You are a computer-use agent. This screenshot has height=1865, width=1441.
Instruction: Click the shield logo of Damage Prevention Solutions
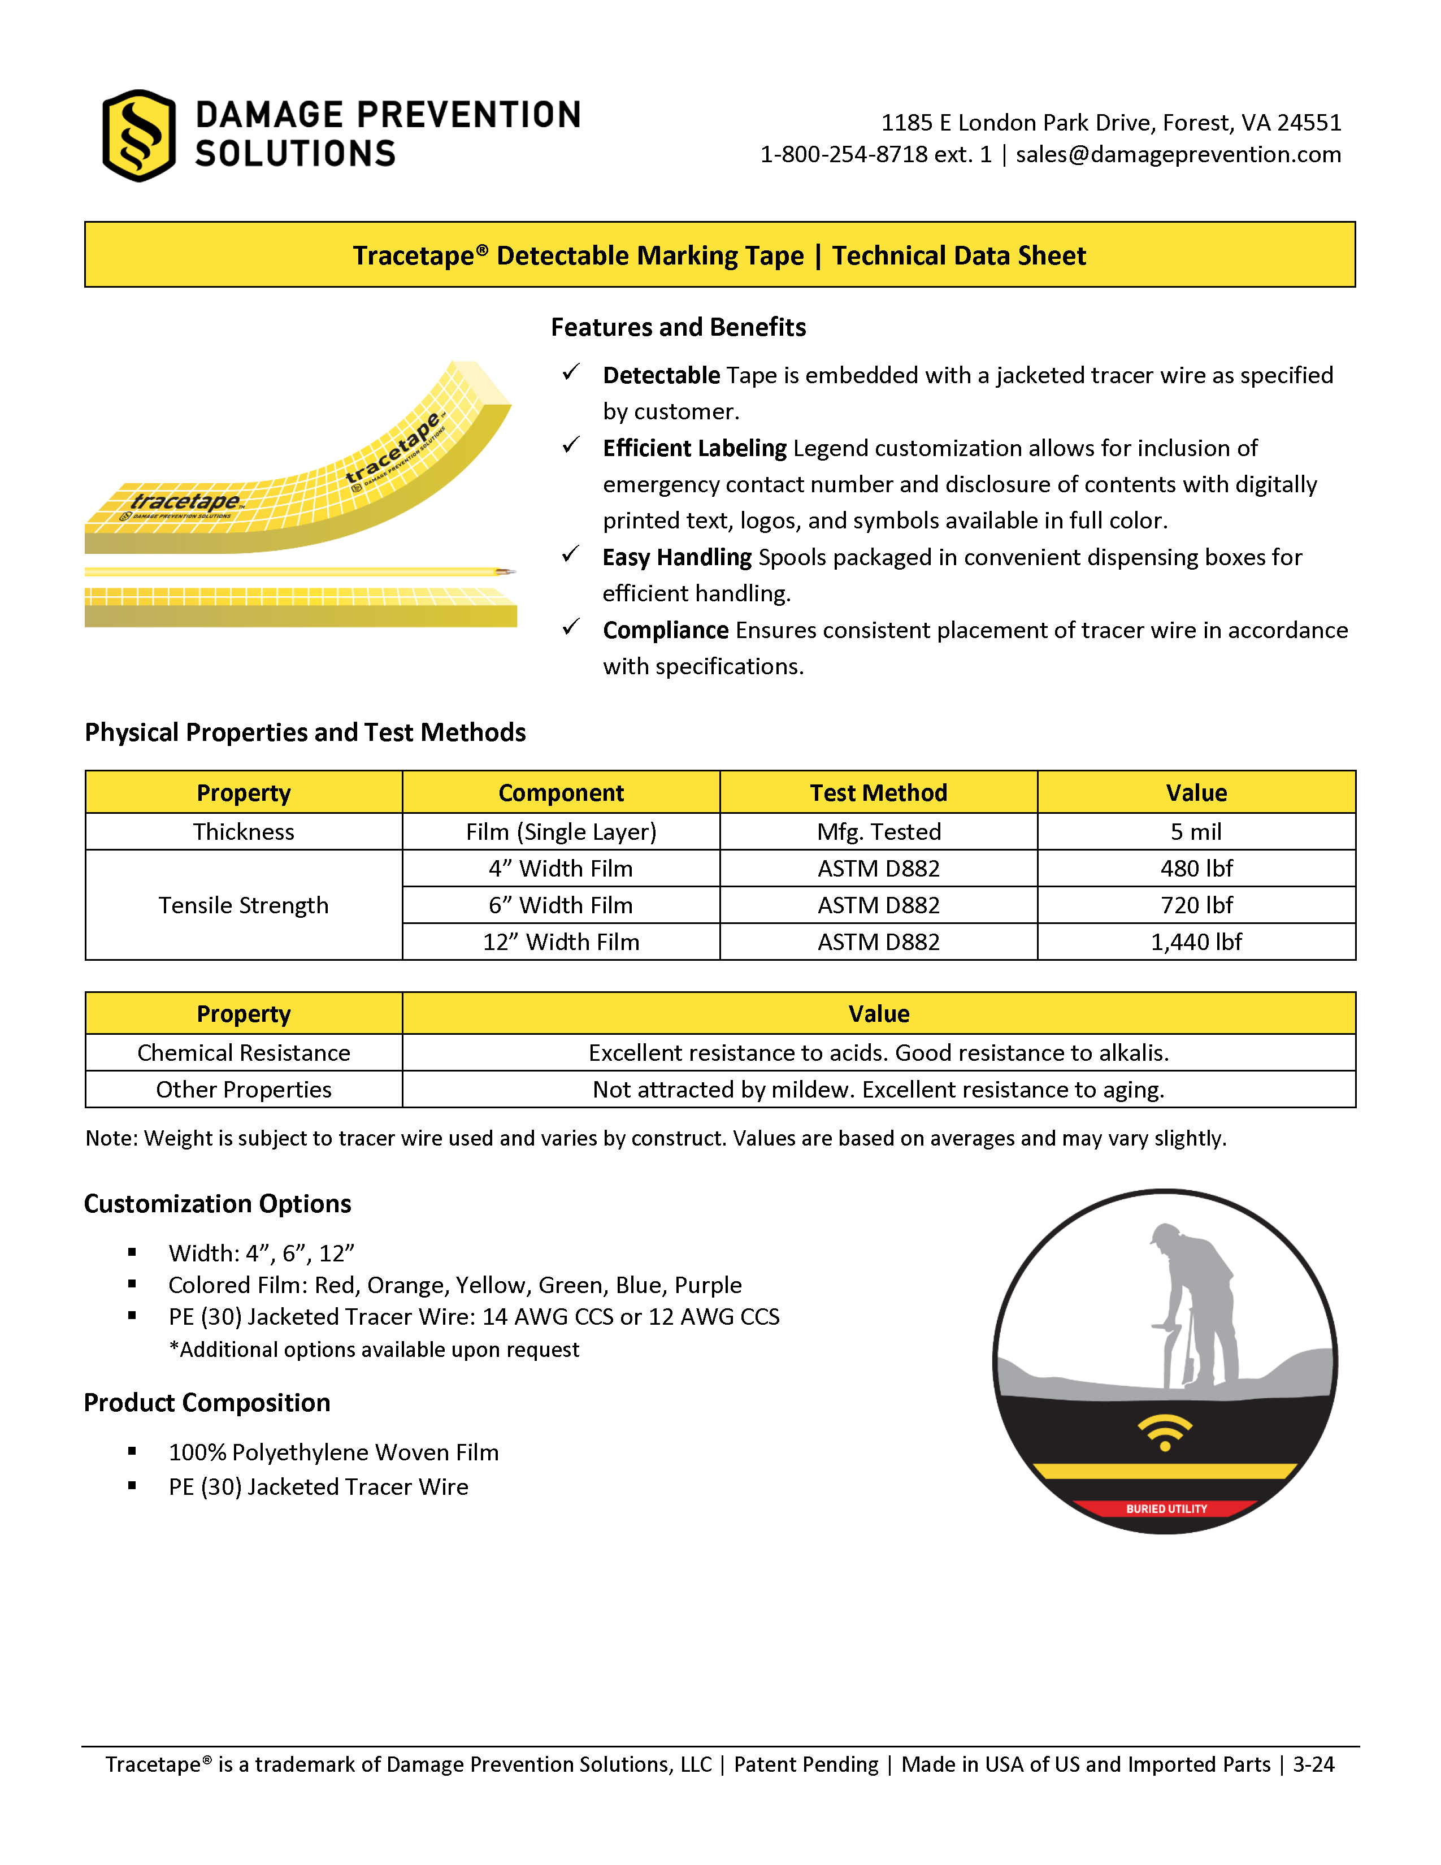point(138,136)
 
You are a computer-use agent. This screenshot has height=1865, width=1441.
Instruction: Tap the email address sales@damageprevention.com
point(1178,154)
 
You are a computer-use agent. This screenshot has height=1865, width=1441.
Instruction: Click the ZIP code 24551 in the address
point(1309,123)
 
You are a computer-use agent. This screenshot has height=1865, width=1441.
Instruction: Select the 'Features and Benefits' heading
point(678,327)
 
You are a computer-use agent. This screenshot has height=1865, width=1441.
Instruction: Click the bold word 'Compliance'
point(665,630)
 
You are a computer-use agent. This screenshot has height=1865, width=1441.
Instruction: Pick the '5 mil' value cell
point(1195,832)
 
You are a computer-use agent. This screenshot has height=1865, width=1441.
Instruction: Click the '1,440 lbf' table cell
point(1195,942)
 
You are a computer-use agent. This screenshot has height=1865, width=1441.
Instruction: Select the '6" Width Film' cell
point(561,905)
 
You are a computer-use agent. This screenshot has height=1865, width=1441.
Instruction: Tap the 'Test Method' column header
point(878,792)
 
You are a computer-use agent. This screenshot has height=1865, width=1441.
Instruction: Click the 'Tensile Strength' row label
point(244,905)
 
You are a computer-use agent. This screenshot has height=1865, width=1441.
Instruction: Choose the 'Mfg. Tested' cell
point(878,832)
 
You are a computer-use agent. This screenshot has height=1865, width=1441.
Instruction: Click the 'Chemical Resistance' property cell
point(244,1053)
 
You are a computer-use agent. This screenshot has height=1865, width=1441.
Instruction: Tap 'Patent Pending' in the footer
point(805,1764)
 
